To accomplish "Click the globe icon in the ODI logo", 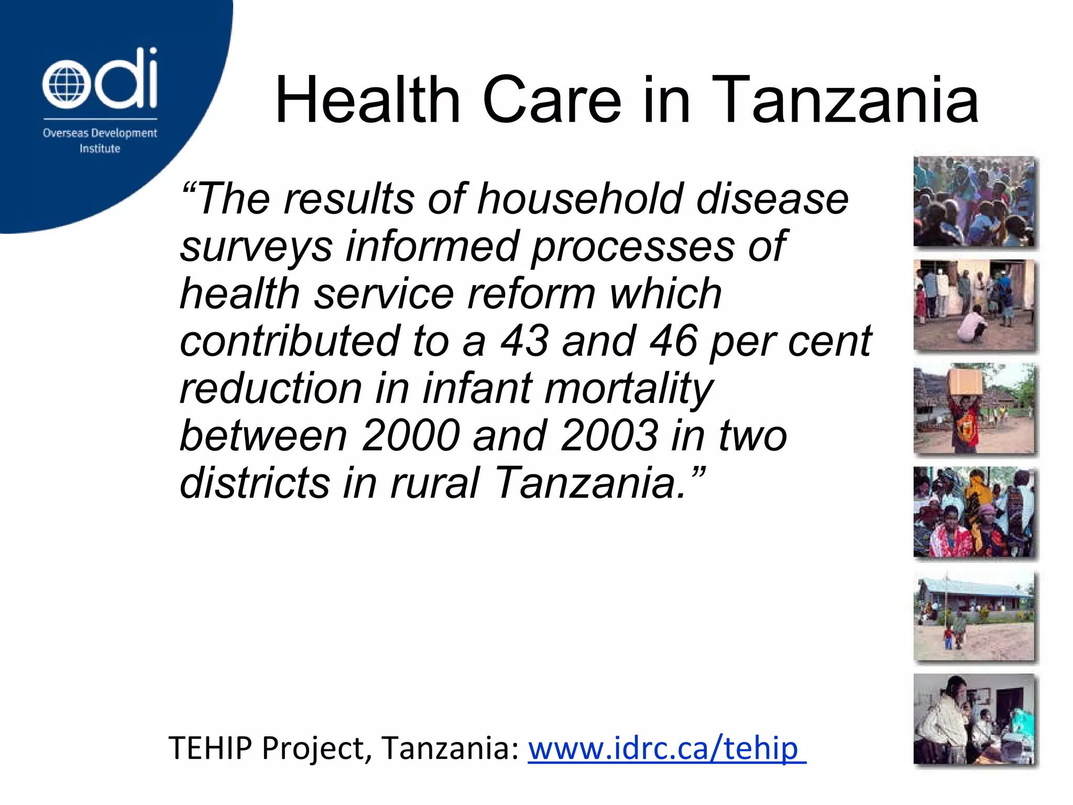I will [x=63, y=84].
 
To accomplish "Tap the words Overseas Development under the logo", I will [x=100, y=133].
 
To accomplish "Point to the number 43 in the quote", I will [x=524, y=341].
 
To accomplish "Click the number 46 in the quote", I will [x=674, y=341].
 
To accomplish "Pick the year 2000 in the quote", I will [x=410, y=436].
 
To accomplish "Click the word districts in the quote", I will [x=255, y=483].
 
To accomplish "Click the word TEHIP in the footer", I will [x=210, y=748].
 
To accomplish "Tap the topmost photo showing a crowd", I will [x=975, y=202].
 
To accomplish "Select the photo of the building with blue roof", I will [x=975, y=616].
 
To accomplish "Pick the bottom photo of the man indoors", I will [x=975, y=719].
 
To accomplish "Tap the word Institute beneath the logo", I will [x=100, y=149].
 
